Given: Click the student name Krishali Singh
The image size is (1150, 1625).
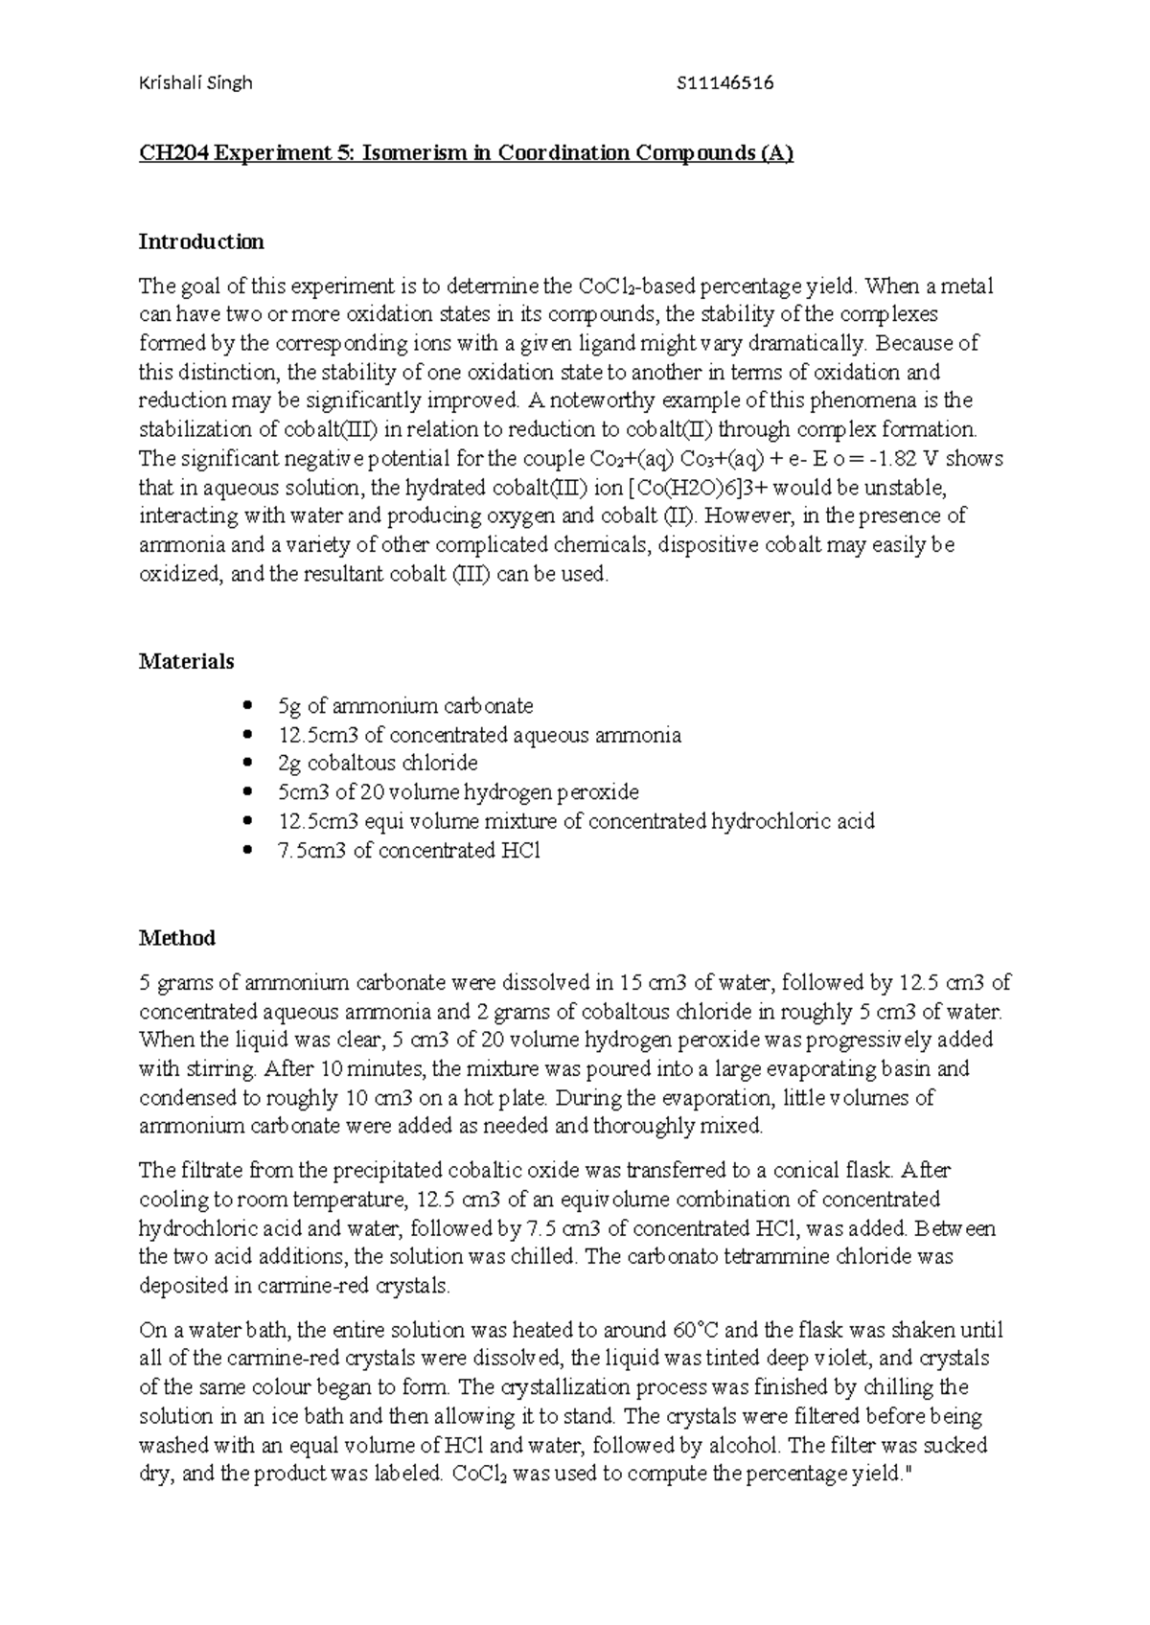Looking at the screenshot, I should (x=195, y=83).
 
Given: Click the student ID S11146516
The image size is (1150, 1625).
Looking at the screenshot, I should (x=724, y=83).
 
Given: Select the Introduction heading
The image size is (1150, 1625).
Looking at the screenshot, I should (x=201, y=241).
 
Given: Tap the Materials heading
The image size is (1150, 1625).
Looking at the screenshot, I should (x=186, y=661).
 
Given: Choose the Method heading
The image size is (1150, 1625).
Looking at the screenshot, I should (x=176, y=938).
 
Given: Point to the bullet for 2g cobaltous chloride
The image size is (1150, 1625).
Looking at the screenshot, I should (x=249, y=764).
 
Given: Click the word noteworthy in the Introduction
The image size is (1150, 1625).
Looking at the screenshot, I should (x=594, y=401).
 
